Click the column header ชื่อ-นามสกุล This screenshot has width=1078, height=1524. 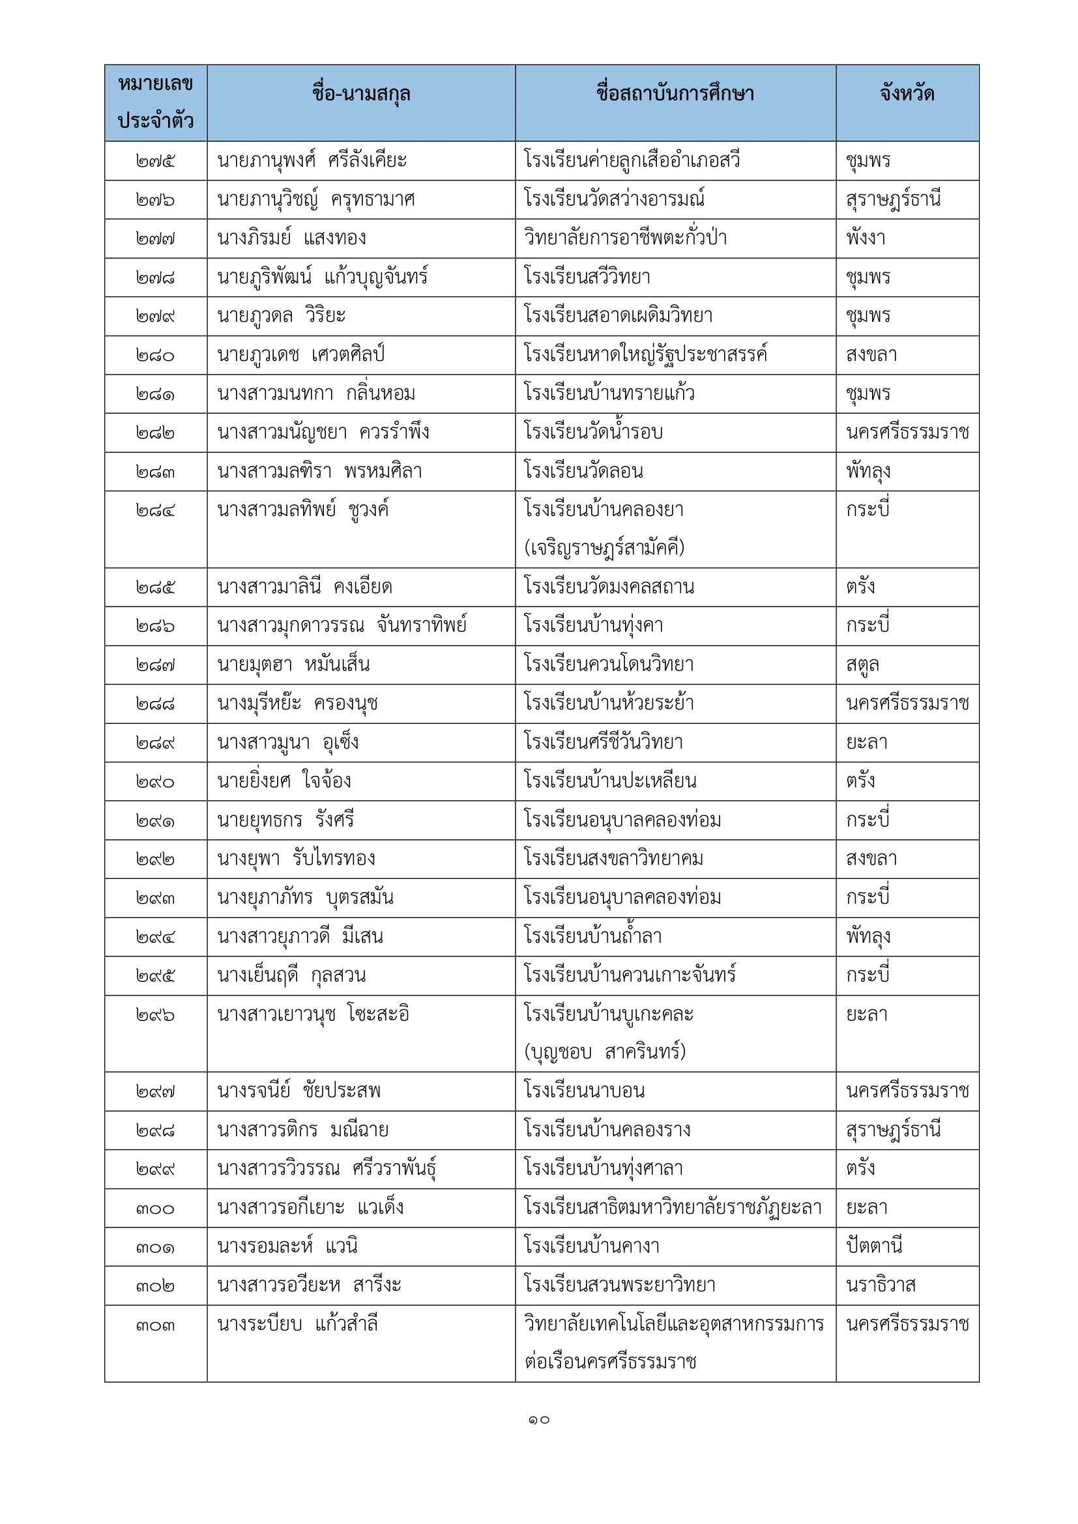pyautogui.click(x=360, y=94)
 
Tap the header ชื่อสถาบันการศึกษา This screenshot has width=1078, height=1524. pyautogui.click(x=675, y=94)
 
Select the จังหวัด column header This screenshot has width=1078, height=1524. pyautogui.click(x=907, y=94)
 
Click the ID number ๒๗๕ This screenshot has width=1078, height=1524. pyautogui.click(x=155, y=162)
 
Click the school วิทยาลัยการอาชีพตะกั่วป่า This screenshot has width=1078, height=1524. pyautogui.click(x=624, y=238)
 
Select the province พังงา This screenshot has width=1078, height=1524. pyautogui.click(x=866, y=238)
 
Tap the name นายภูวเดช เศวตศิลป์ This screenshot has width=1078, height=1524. pyautogui.click(x=300, y=355)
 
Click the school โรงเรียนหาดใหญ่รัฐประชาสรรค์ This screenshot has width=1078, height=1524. pyautogui.click(x=645, y=355)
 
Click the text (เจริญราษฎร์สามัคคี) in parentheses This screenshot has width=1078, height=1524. pyautogui.click(x=604, y=548)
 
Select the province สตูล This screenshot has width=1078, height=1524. pyautogui.click(x=862, y=665)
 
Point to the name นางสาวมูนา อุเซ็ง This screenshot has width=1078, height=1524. pyautogui.click(x=287, y=743)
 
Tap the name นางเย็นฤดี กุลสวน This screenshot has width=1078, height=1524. pyautogui.click(x=291, y=976)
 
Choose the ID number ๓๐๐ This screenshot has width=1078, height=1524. pyautogui.click(x=155, y=1209)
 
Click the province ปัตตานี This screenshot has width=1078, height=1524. pyautogui.click(x=873, y=1246)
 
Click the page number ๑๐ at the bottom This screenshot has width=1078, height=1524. pyautogui.click(x=539, y=1420)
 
